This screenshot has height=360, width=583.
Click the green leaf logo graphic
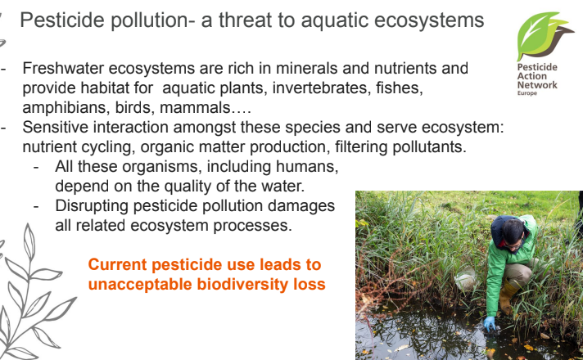(x=544, y=36)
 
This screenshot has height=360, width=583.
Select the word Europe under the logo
(x=527, y=93)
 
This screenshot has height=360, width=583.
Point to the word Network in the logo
(x=537, y=85)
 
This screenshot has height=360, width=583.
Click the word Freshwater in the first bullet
(x=63, y=69)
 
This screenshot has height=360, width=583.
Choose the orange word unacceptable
(x=140, y=285)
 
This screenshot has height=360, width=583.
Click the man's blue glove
(x=490, y=323)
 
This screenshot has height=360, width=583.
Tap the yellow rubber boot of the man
(x=507, y=296)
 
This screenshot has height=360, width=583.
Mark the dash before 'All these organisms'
(x=36, y=167)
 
